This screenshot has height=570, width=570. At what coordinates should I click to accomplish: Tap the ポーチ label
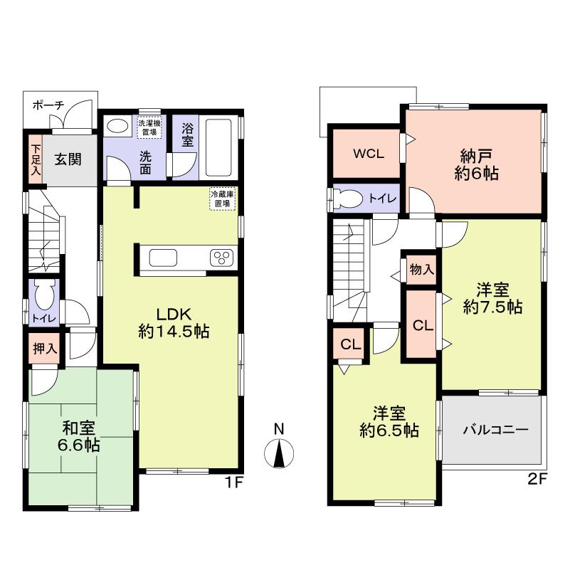[48, 105]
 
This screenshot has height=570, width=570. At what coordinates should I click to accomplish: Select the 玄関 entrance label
[69, 159]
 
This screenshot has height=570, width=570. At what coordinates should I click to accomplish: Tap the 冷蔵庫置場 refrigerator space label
[223, 198]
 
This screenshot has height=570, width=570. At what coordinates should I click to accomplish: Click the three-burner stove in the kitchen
[222, 258]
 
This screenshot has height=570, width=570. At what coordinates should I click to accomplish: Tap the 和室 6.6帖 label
[80, 437]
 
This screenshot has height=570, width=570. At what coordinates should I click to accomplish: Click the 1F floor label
[235, 482]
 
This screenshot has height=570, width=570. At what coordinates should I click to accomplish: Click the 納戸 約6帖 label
[474, 164]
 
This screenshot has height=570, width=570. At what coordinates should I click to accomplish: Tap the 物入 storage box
[422, 270]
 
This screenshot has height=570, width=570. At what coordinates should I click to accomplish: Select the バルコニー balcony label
[495, 430]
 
